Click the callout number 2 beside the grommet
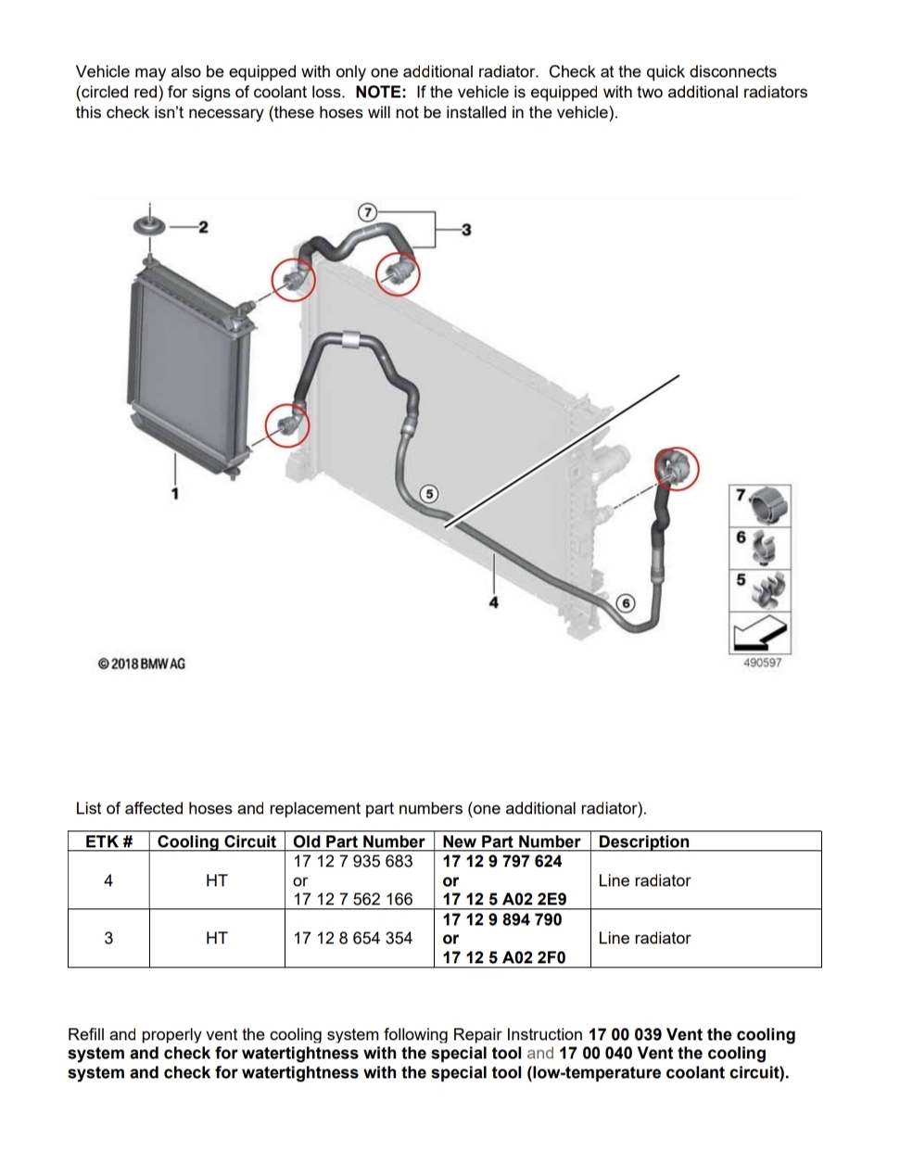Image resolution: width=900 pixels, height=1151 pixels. coord(203,227)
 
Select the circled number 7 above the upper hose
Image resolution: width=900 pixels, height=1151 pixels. coord(366,212)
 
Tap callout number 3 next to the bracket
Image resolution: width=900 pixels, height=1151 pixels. coord(466,230)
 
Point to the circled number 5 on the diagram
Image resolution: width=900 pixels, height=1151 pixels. coord(429,494)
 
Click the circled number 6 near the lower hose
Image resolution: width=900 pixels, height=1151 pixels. coord(626,603)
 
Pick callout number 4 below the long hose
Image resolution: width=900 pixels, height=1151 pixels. coord(494,602)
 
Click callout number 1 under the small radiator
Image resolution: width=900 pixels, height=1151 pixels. coord(175,494)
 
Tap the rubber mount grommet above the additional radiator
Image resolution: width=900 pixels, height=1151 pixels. coord(149,226)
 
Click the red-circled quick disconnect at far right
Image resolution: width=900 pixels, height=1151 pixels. coord(677,469)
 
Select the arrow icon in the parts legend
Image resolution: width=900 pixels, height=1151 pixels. coord(760,633)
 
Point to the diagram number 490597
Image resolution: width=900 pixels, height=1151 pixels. coord(762,663)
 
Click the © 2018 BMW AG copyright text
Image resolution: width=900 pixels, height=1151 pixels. coord(142,664)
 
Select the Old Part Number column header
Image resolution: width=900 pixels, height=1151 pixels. coord(359,841)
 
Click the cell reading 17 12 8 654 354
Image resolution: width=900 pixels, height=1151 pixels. coord(353,938)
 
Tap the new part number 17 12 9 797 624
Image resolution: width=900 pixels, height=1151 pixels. coord(502,861)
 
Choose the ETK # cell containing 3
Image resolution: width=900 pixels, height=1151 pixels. coord(108,938)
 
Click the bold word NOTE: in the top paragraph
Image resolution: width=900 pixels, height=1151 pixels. coord(381,92)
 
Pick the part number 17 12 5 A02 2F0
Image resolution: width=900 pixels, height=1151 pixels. coord(504,957)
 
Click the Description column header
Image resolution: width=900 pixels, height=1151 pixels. coord(643,841)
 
